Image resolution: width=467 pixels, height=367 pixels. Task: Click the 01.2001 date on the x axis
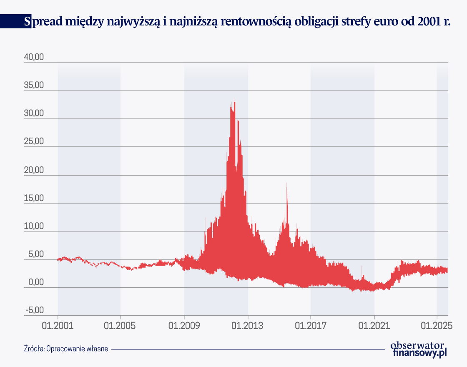point(58,325)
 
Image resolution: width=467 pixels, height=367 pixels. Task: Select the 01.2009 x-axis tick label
point(184,325)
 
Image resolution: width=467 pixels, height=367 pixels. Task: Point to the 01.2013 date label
point(248,325)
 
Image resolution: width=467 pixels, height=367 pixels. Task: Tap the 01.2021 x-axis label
point(374,325)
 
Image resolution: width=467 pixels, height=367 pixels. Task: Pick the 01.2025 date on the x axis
point(437,325)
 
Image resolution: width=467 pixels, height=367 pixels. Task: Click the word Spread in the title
point(42,21)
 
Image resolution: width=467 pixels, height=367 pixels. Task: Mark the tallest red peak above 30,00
point(234,100)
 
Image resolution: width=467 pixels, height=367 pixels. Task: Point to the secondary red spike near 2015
point(287,186)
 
